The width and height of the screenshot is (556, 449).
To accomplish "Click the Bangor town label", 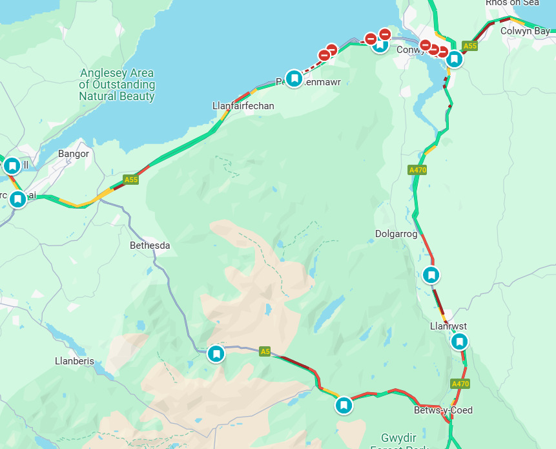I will tap(74, 154).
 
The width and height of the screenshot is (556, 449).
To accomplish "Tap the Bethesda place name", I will tap(150, 245).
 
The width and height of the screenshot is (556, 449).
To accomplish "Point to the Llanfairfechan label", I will tap(243, 105).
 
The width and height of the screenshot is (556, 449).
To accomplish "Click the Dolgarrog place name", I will tap(396, 233).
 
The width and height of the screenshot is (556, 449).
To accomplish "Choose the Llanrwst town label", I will tap(448, 326).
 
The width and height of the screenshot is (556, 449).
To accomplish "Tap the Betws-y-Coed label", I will tap(443, 410).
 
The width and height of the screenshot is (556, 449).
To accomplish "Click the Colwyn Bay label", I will tap(524, 30).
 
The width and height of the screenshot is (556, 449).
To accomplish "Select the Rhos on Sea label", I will tap(511, 3).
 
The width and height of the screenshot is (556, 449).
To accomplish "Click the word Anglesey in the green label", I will tap(103, 73).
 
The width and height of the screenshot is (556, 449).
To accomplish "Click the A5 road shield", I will tap(265, 351).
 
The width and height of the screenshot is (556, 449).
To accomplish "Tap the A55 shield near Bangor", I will tap(131, 179).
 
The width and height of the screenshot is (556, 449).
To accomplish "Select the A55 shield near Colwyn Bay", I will tap(470, 46).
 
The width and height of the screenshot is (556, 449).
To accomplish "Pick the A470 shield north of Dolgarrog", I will tap(418, 170).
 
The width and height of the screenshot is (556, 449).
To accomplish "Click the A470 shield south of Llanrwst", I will tap(460, 384).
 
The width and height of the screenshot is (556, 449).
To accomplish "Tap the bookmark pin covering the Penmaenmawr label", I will tap(294, 79).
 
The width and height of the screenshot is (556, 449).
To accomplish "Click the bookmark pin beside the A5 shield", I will tap(216, 353).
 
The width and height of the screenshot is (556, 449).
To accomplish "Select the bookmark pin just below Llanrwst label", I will tap(459, 341).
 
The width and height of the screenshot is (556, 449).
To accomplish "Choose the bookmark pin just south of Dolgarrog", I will tap(431, 275).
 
